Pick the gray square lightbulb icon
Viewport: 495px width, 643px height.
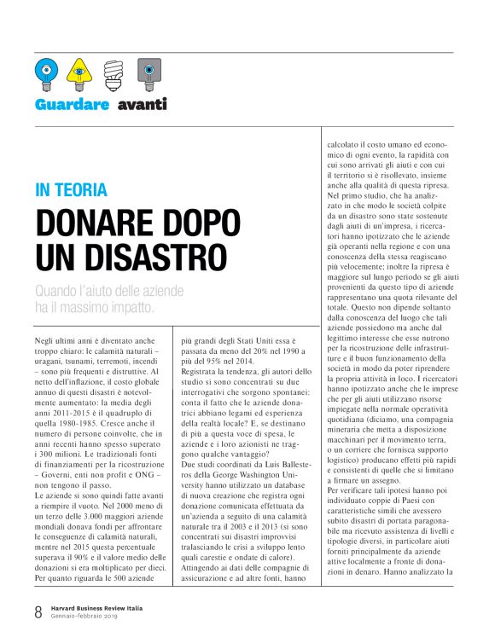pyautogui.click(x=147, y=73)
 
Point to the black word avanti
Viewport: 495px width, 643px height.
pyautogui.click(x=143, y=105)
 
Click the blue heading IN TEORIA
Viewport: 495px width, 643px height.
pyautogui.click(x=71, y=191)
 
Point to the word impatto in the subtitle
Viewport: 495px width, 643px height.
pyautogui.click(x=129, y=306)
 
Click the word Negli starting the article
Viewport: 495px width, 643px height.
pyautogui.click(x=48, y=340)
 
